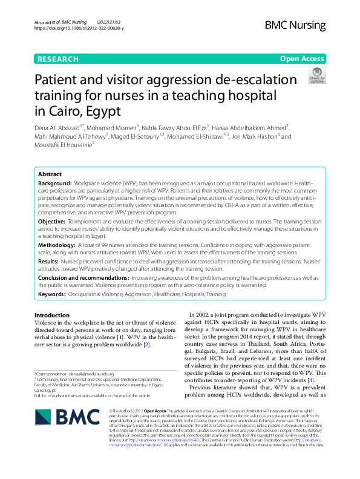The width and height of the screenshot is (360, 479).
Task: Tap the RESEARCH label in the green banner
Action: tap(58, 59)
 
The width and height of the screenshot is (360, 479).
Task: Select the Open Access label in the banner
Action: tap(301, 59)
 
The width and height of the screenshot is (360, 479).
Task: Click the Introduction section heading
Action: tap(52, 315)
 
